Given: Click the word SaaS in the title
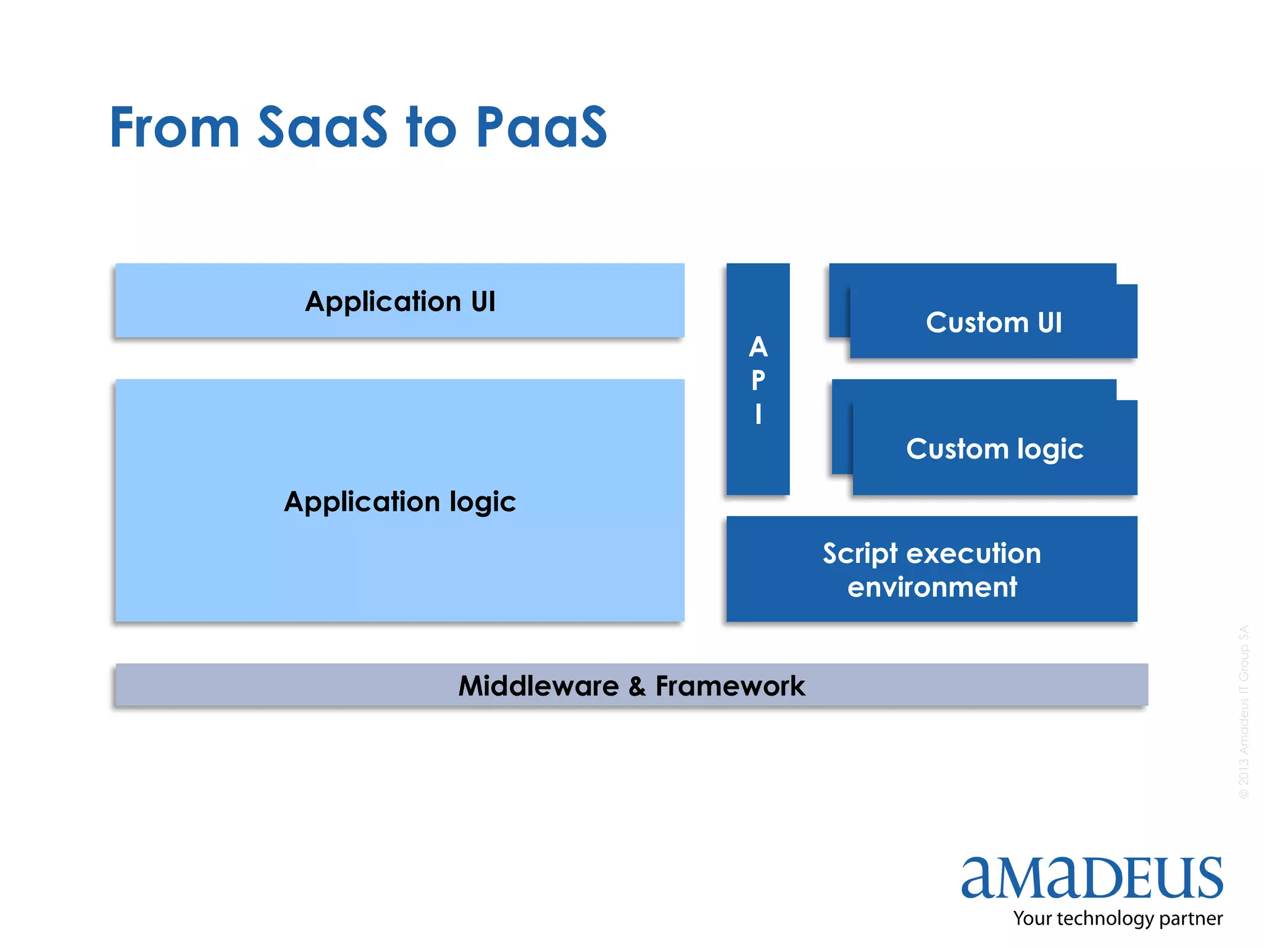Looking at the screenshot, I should pyautogui.click(x=322, y=127).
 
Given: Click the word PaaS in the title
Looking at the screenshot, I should pyautogui.click(x=541, y=127).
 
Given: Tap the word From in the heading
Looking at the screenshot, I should pyautogui.click(x=175, y=127).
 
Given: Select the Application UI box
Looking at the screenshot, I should pyautogui.click(x=400, y=301).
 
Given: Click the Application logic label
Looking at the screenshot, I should pyautogui.click(x=400, y=501).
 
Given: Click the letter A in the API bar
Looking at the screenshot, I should pyautogui.click(x=758, y=347).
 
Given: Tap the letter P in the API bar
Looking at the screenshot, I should pyautogui.click(x=758, y=380).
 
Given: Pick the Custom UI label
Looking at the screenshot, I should pyautogui.click(x=994, y=322).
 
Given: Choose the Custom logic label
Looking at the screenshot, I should pyautogui.click(x=994, y=449).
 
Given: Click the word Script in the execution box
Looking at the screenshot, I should pyautogui.click(x=860, y=554).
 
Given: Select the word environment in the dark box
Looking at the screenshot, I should pyautogui.click(x=932, y=586).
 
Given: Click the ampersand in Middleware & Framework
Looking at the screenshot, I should pyautogui.click(x=637, y=686).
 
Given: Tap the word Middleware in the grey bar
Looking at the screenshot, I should pyautogui.click(x=538, y=686).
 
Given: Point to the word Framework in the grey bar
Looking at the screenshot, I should pyautogui.click(x=730, y=686).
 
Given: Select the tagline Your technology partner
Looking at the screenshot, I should pyautogui.click(x=1117, y=918).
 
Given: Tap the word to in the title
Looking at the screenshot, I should pyautogui.click(x=431, y=127).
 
